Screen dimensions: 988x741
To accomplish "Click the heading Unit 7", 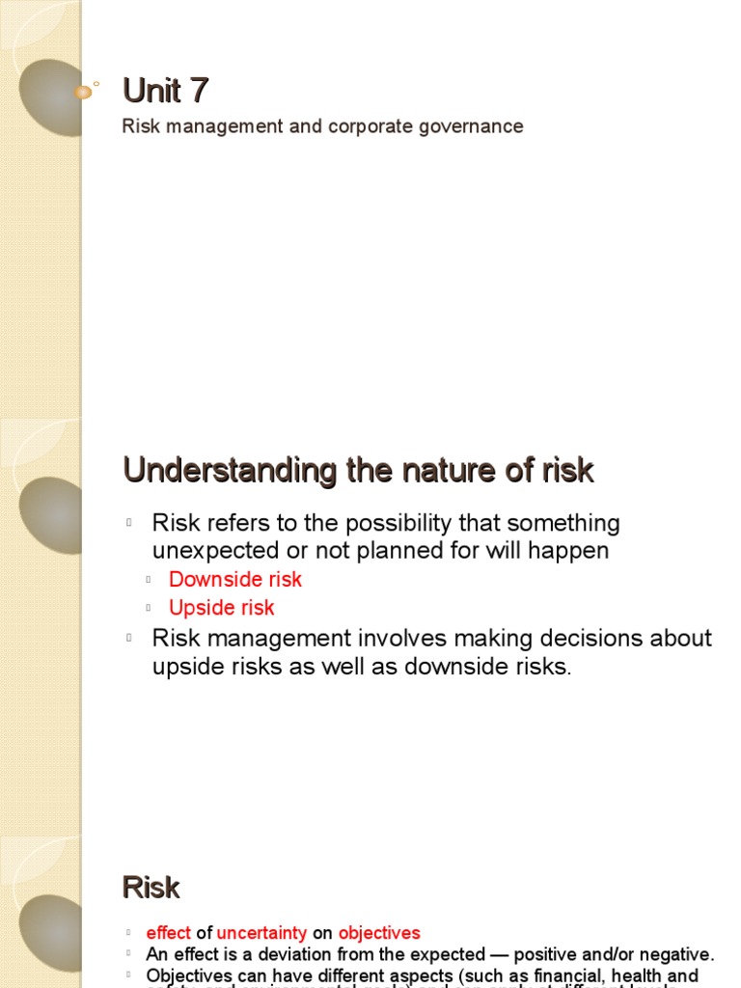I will (x=165, y=91).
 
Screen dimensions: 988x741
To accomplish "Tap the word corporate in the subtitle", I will (x=370, y=126).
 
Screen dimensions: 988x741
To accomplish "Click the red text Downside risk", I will (x=235, y=579).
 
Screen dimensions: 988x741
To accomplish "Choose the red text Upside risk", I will (x=221, y=608).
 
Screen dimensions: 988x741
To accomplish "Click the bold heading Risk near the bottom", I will (x=151, y=888).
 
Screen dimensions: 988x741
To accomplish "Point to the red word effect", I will (x=169, y=933).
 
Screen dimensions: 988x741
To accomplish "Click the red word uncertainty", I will (x=261, y=933).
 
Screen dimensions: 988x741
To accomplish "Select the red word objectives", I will (x=379, y=933).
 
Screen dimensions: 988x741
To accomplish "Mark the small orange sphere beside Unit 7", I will (x=84, y=92).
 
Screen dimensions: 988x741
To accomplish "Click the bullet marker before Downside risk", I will (x=150, y=580).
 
